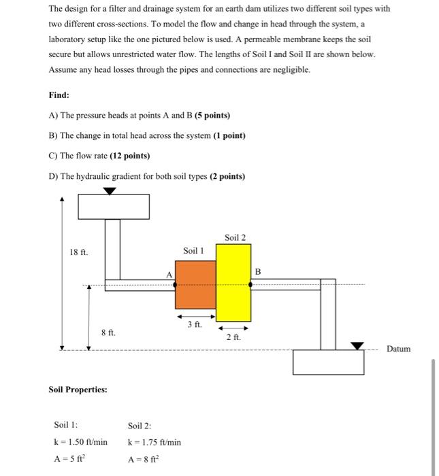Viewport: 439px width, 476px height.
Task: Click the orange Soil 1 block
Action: pos(195,285)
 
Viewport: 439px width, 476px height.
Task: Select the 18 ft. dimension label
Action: pos(79,252)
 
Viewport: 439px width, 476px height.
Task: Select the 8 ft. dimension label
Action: pos(108,333)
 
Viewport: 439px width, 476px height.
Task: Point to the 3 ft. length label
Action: pos(195,325)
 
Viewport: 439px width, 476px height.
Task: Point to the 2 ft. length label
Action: pos(233,337)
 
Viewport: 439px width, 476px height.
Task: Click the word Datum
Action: pos(398,349)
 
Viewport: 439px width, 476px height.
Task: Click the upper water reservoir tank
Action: pos(114,207)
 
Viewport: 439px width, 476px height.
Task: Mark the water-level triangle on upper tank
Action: pos(110,191)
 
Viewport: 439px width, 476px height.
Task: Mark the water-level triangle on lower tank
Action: pos(357,345)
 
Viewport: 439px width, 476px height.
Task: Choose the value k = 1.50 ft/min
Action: pos(80,441)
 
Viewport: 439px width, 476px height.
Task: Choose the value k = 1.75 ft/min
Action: pos(155,441)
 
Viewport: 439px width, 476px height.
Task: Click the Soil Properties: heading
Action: pos(78,390)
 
